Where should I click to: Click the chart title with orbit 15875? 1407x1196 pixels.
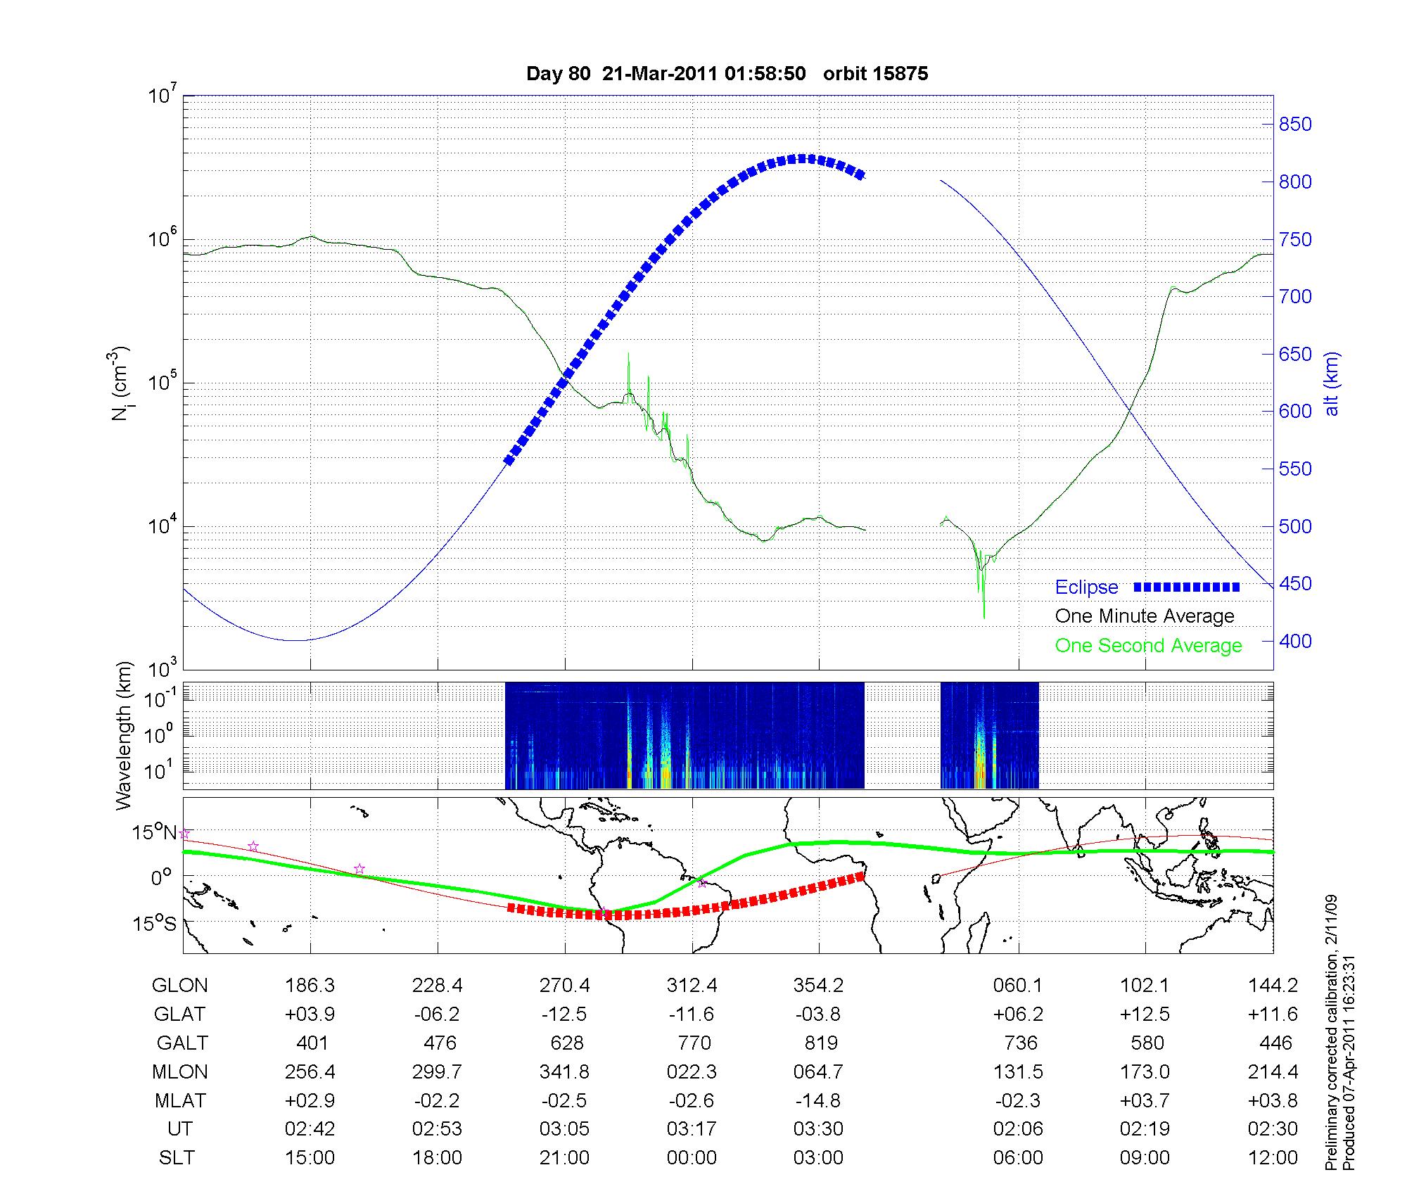point(727,74)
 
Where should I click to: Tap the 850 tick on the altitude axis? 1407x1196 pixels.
point(1295,125)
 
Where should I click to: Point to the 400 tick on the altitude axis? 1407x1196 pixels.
point(1295,642)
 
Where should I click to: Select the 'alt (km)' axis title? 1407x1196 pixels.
point(1332,383)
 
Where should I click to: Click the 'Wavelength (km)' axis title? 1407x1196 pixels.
point(125,736)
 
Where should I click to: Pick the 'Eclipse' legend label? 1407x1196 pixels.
point(1086,587)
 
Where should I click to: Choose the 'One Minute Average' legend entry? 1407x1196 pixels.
point(1145,616)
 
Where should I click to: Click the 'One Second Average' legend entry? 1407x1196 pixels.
point(1148,646)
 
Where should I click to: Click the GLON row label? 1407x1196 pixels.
point(180,986)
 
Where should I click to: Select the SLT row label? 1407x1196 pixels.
point(177,1158)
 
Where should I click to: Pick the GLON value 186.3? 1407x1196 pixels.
point(310,986)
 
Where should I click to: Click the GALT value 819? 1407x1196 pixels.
point(820,1043)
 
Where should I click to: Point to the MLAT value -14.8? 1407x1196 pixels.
point(819,1100)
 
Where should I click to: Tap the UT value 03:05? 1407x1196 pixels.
point(564,1129)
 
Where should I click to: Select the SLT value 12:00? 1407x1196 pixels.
point(1273,1158)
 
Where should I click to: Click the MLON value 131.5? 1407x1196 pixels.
point(1018,1071)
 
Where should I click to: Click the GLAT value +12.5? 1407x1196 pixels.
point(1145,1014)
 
